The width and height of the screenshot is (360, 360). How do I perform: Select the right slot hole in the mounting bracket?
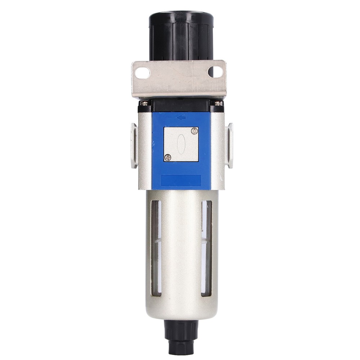click(x=215, y=72)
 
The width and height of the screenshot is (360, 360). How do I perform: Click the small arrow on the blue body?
click(x=181, y=117)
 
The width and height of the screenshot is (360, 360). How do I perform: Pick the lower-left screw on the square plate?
click(x=167, y=157)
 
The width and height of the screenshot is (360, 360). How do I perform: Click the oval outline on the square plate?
click(x=181, y=144)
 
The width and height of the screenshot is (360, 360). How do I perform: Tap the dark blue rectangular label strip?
click(x=181, y=180)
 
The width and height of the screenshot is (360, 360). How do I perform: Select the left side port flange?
click(x=134, y=145)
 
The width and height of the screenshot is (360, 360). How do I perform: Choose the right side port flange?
click(x=229, y=145)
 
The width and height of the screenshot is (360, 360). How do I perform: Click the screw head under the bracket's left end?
click(x=143, y=103)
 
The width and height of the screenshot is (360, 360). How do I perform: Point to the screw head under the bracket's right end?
click(x=219, y=103)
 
